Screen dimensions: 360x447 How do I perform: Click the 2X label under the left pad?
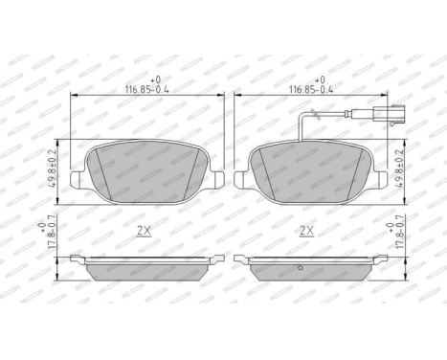pos(145,230)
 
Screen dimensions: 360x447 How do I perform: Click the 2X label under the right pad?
pos(307,230)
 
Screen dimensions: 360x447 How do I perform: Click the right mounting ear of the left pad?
pos(218,179)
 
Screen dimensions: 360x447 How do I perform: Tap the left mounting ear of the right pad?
pos(241,179)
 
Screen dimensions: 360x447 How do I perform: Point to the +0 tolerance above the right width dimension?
pos(321,80)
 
